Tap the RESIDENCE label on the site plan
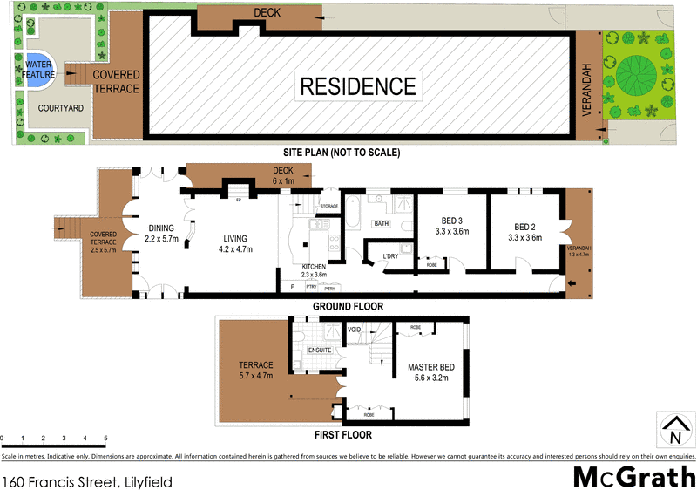pos(358,86)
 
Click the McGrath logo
pos(633,475)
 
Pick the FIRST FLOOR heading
pos(343,434)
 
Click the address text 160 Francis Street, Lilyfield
pos(87,480)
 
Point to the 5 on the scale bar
pos(106,439)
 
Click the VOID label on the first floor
pos(354,330)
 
